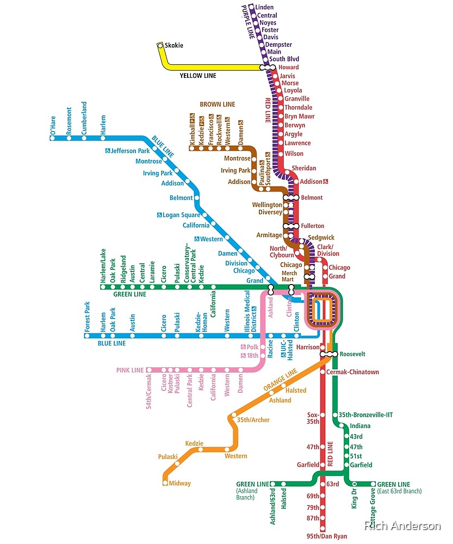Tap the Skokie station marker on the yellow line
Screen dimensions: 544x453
pos(160,46)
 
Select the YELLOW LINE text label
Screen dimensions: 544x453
pos(198,76)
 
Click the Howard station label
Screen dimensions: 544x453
pos(289,67)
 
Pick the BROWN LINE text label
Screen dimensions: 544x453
pos(218,104)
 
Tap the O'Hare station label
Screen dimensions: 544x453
pos(53,125)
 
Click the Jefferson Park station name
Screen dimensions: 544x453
pos(130,151)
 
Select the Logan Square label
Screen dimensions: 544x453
pos(182,215)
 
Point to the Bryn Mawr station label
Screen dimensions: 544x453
pos(300,116)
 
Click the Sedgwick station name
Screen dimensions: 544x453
pos(321,238)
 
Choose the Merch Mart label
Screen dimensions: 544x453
pos(289,276)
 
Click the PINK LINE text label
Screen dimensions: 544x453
pos(130,370)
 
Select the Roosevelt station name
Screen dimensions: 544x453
pos(352,354)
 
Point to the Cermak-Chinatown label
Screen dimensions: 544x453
pos(352,372)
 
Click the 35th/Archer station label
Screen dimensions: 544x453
pos(253,420)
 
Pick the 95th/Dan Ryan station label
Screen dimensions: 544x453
pos(326,536)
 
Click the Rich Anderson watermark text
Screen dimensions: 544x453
pos(402,526)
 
